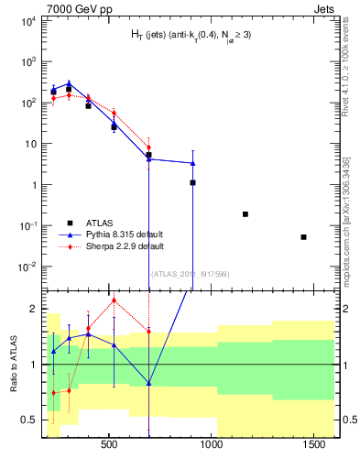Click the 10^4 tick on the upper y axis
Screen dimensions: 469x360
coord(29,20)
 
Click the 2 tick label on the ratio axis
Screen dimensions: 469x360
coord(33,309)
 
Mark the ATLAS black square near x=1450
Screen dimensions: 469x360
coord(303,237)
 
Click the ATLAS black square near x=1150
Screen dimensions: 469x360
coord(245,214)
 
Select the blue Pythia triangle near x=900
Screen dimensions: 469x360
coord(192,163)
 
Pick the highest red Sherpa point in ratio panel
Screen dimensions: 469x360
coord(114,300)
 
